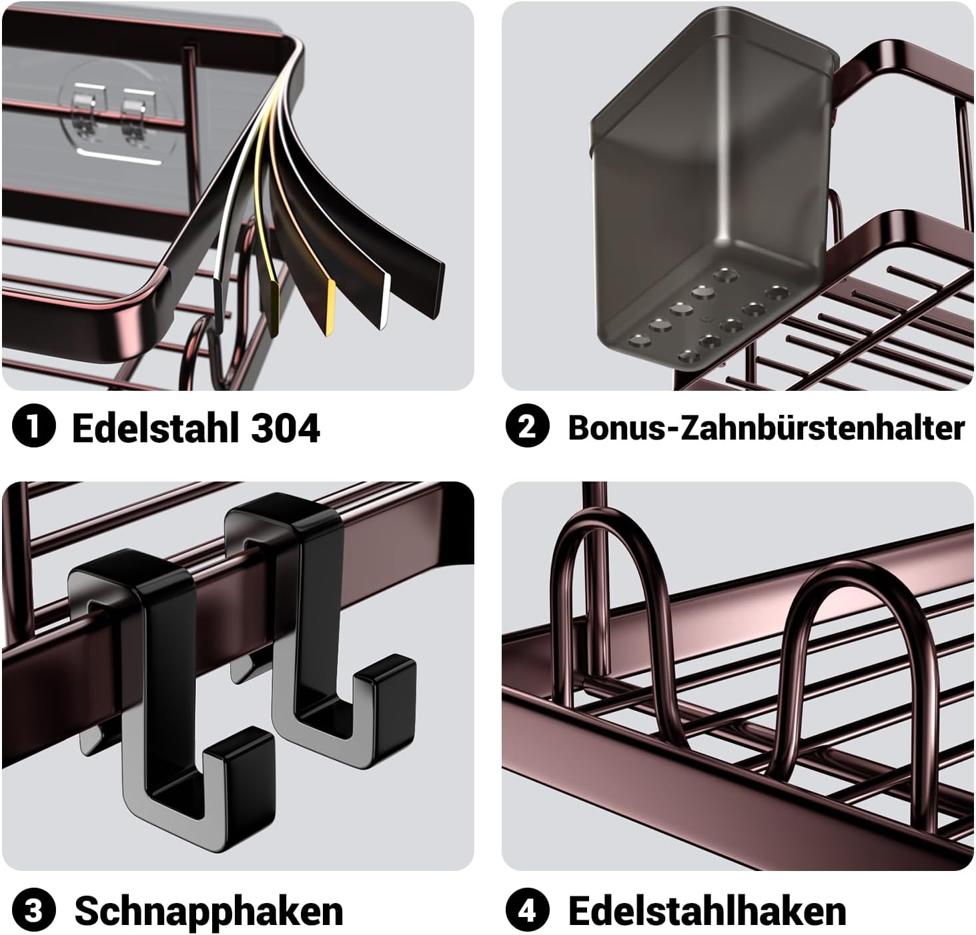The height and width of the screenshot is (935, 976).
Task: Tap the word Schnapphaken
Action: [209, 912]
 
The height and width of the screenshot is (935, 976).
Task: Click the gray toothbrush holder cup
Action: [712, 195]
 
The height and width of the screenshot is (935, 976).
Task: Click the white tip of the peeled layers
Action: [385, 300]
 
